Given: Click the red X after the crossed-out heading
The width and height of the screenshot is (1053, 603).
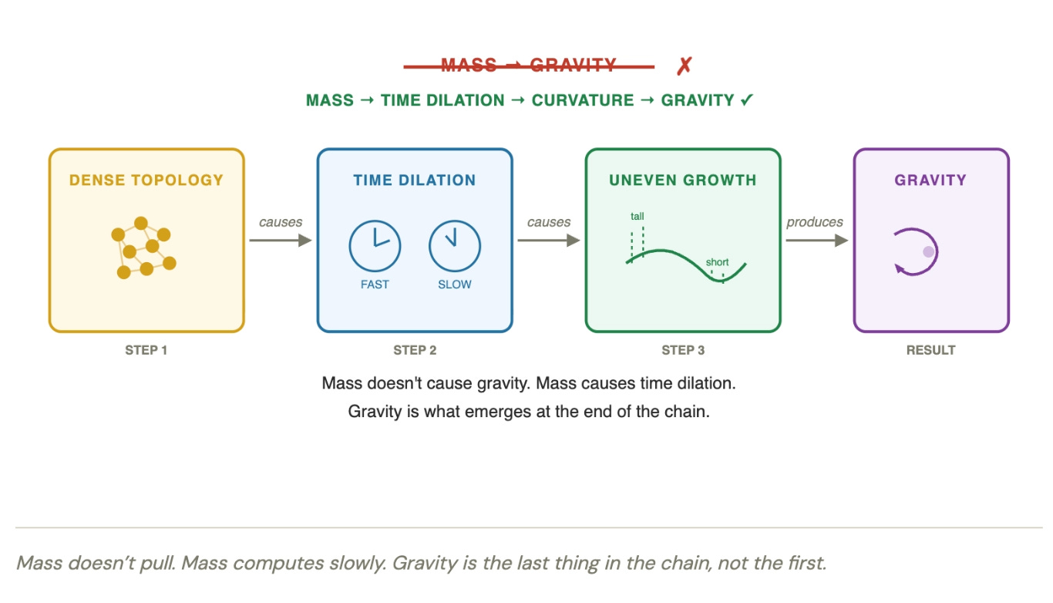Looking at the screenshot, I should click(684, 66).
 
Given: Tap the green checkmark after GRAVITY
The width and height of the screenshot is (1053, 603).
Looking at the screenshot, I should click(746, 100).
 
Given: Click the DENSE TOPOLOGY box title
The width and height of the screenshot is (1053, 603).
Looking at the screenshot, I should click(146, 180).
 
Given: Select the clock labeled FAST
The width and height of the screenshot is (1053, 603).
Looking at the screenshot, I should click(375, 246).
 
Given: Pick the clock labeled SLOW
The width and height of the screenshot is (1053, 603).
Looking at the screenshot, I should click(455, 246).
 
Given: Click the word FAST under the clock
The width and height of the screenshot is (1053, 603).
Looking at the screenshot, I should click(375, 285).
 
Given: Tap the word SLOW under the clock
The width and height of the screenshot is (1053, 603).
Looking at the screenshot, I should click(455, 285).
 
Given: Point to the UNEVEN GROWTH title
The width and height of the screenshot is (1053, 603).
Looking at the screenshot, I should click(683, 180).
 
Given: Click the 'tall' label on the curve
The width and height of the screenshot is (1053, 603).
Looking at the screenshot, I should click(638, 217).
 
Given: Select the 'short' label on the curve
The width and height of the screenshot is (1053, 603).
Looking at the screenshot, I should click(717, 262).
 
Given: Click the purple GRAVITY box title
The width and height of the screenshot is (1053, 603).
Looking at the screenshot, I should click(930, 180).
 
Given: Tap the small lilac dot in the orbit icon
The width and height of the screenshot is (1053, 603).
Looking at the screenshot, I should click(929, 251).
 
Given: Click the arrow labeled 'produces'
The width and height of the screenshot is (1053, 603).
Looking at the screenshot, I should click(816, 240).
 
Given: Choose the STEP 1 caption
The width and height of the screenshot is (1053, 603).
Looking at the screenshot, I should click(146, 350).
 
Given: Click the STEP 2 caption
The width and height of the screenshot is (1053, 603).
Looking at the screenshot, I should click(415, 350).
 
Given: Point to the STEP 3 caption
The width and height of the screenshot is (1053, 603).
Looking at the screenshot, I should click(683, 350).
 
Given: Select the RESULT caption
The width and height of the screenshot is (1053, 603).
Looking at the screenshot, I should click(930, 350).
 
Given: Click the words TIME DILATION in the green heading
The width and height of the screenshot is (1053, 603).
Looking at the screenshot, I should click(442, 100).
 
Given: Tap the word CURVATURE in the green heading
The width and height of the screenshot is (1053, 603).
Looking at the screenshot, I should click(583, 100).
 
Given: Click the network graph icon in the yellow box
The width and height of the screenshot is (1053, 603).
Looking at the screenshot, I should click(143, 248).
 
